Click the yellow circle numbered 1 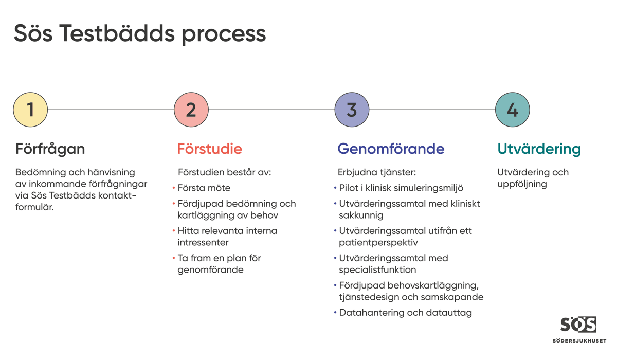(x=30, y=110)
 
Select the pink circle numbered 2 (x=191, y=110)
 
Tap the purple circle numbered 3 (x=352, y=110)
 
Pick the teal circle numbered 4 (x=512, y=110)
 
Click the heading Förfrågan (x=50, y=149)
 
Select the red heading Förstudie (x=209, y=149)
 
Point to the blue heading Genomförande (x=391, y=149)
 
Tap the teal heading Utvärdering (x=539, y=149)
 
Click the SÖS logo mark (x=578, y=325)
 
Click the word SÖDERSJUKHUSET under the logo (x=579, y=341)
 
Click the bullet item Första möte (x=204, y=188)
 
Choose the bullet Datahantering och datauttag (x=405, y=313)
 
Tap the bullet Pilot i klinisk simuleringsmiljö (x=401, y=188)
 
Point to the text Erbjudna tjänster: (x=376, y=172)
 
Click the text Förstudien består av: (x=224, y=172)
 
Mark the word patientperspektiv (x=378, y=243)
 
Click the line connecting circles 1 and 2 (x=111, y=110)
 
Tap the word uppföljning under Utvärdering (x=522, y=184)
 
